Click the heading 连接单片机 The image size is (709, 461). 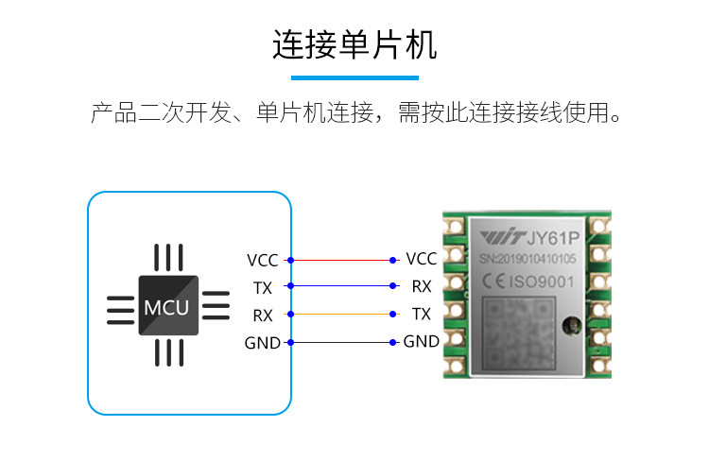coord(354,44)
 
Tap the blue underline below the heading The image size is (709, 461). coord(354,77)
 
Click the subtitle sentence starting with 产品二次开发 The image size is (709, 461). coord(354,115)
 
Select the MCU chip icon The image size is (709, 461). coord(168,305)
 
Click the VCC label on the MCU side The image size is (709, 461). coord(263,260)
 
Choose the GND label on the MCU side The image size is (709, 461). coord(263,343)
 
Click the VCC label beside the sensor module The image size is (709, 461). coord(421,259)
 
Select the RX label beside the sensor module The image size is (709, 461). coord(422,285)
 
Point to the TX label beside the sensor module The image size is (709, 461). coord(422,314)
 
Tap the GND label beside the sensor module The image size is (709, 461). coord(422,341)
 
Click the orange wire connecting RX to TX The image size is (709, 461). coord(341,314)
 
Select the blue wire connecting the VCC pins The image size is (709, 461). coord(341,260)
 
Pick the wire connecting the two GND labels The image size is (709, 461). coord(341,342)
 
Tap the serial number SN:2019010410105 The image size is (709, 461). coord(532,257)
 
